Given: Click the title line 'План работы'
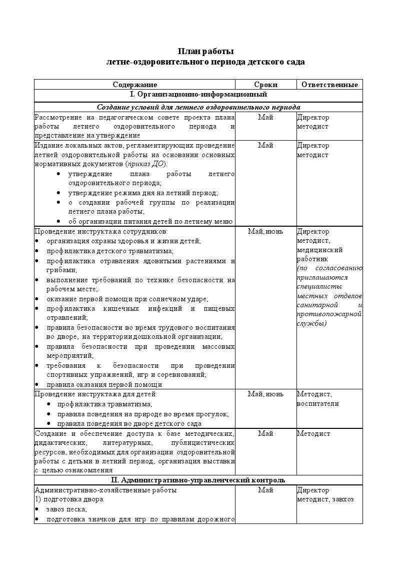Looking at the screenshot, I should point(205,52).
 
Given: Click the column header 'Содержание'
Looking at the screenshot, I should point(134,85).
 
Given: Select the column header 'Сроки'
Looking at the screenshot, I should point(265,85).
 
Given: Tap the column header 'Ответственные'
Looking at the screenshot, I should point(329,85).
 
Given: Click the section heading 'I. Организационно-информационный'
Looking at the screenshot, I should point(198,94).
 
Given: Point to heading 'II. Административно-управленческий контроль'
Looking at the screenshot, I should point(198,480).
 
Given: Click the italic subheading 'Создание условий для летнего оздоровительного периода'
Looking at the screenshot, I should point(198,107).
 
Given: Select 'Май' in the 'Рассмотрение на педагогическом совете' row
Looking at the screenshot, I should point(265,118).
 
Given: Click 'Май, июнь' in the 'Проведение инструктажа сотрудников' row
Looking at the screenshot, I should point(265,232).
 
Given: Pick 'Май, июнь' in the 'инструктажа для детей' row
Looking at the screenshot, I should point(265,394).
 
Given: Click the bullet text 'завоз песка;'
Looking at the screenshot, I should point(66,509).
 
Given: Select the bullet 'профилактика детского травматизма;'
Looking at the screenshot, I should point(110,251).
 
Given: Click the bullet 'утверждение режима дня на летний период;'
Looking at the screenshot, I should point(143,193).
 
